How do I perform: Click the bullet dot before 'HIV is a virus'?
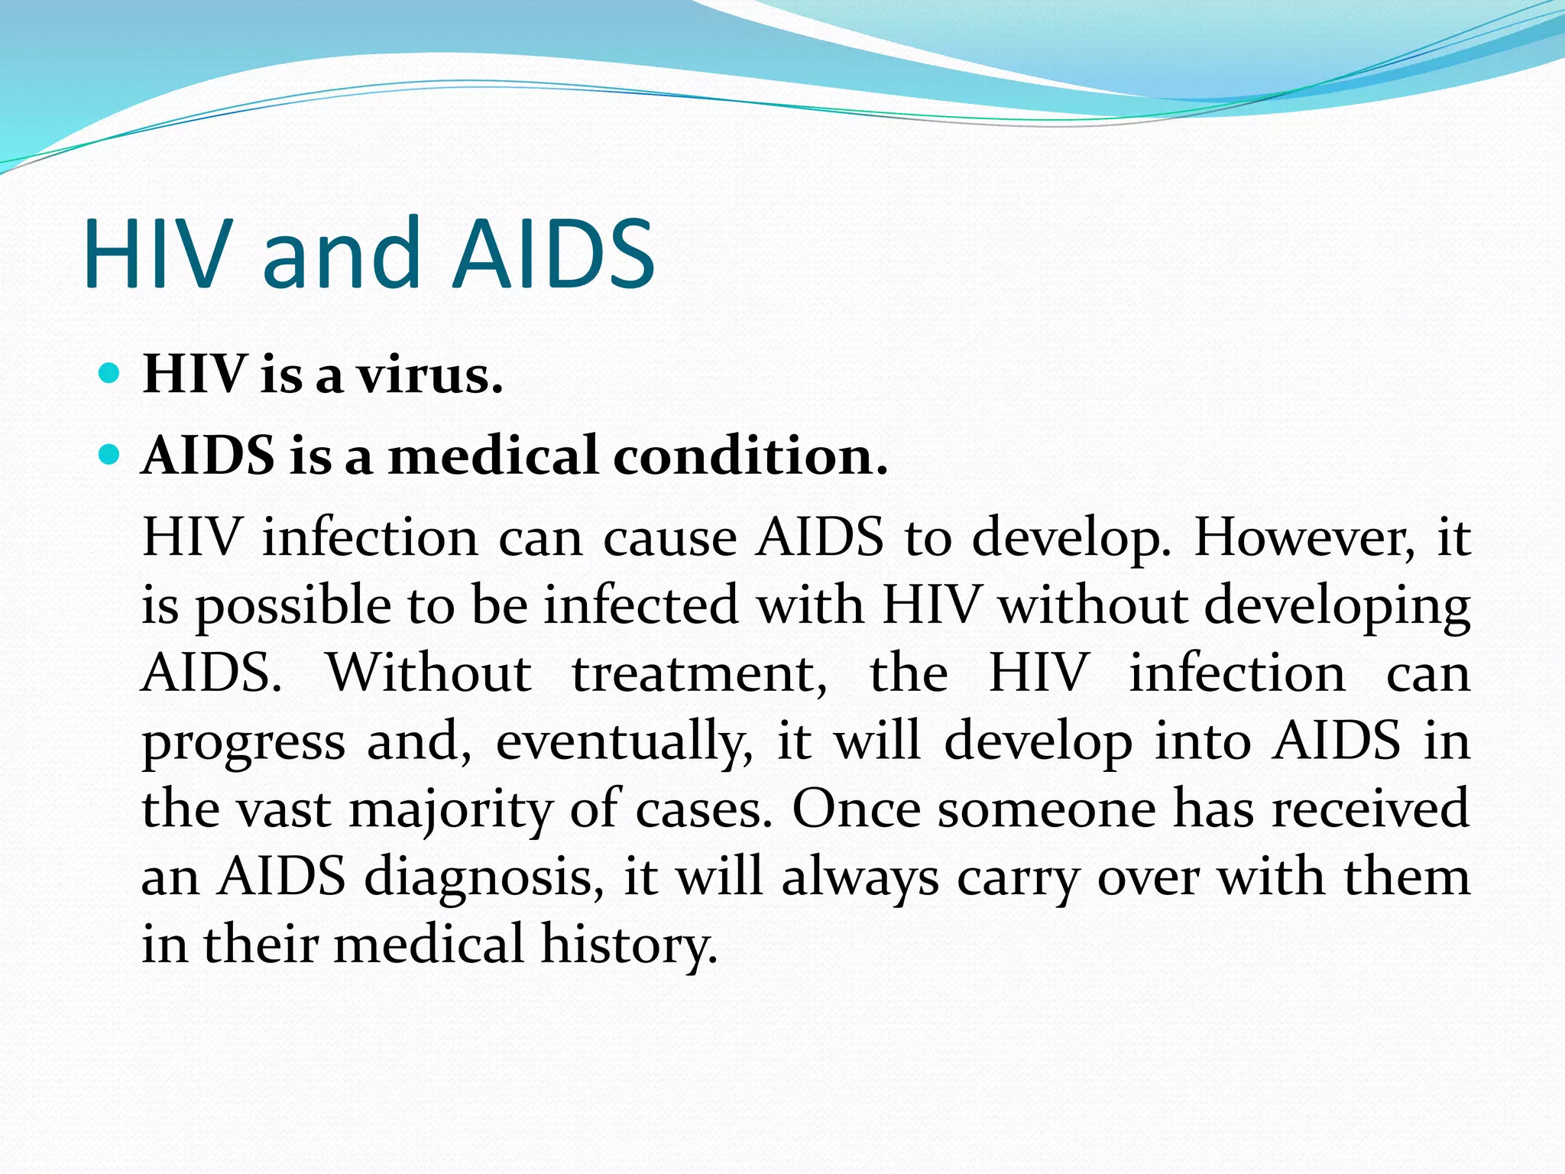[x=110, y=374]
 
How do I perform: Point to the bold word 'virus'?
[x=431, y=375]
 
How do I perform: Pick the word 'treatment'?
[x=699, y=674]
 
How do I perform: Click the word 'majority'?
[x=451, y=811]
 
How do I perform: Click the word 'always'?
[x=860, y=877]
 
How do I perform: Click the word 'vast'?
[x=284, y=810]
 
